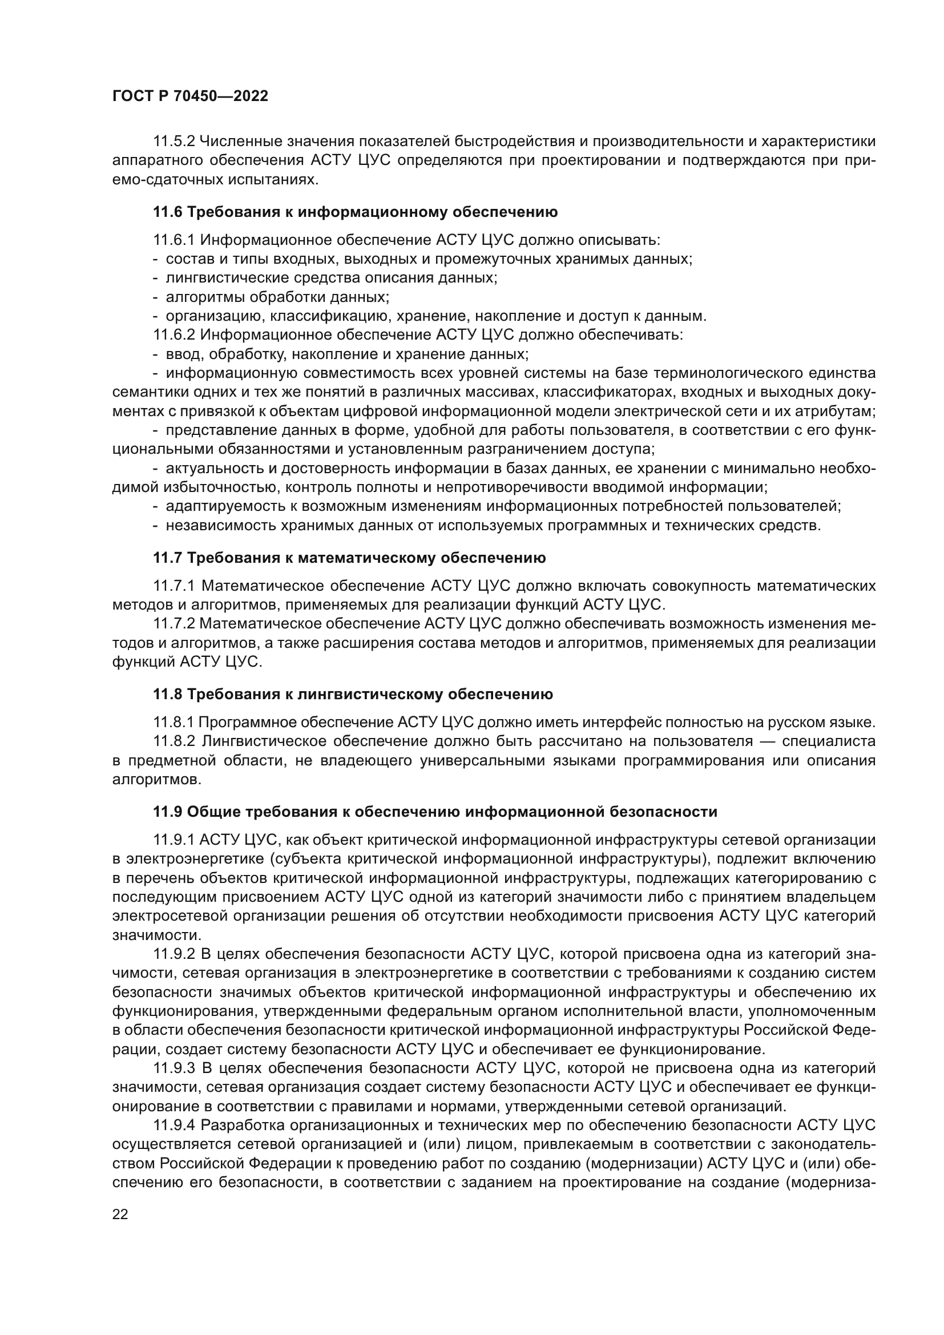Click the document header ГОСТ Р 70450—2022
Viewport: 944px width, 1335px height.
190,96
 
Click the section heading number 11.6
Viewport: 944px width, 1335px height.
167,212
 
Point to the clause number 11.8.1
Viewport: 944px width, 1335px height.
174,723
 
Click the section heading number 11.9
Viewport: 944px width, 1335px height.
167,812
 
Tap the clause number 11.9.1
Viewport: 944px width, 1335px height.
174,840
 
